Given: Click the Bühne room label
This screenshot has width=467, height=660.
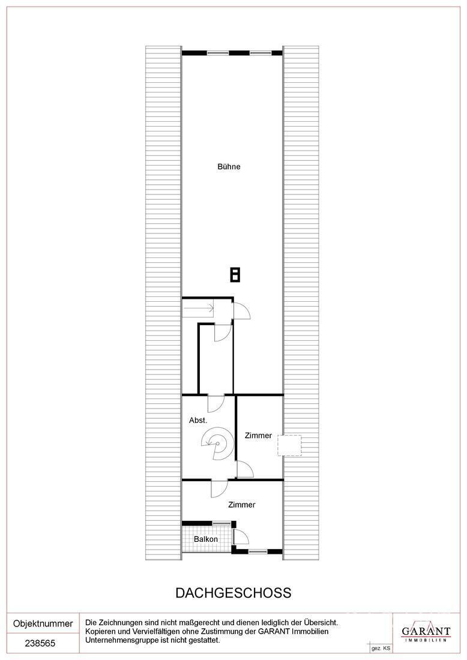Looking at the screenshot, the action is click(229, 167).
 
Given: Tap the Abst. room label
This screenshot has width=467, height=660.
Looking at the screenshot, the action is click(198, 420).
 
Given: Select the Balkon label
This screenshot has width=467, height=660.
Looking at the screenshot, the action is click(206, 539).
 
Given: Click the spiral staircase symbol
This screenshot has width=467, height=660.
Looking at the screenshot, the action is click(216, 443).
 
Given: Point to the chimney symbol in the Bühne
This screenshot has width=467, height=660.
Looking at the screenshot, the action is click(235, 275).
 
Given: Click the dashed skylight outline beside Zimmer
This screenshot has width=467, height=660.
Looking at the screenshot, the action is click(289, 445).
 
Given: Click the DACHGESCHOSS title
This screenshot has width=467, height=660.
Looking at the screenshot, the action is click(233, 593).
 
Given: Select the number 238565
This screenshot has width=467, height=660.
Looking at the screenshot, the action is click(40, 643).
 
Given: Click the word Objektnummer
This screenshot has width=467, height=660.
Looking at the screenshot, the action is click(43, 623).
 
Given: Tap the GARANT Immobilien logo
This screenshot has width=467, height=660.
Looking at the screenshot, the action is click(426, 632).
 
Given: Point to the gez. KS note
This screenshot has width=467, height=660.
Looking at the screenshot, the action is click(381, 649).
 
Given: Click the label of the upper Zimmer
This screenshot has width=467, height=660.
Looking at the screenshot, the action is click(258, 436).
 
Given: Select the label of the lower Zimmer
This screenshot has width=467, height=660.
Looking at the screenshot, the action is click(242, 505).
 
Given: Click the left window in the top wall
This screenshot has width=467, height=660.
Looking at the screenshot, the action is click(218, 53).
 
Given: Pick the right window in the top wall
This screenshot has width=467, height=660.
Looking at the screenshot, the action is click(261, 53).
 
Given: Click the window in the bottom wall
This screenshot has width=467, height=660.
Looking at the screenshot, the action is click(258, 551).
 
